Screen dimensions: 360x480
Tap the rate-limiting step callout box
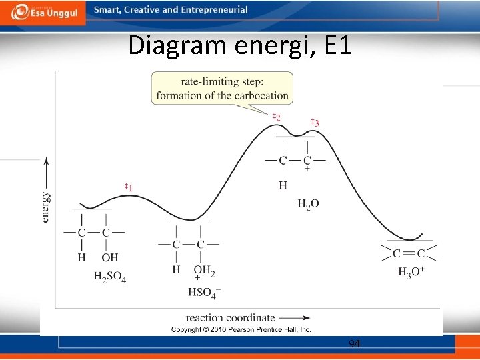click(222, 89)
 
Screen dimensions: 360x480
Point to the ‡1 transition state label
click(127, 187)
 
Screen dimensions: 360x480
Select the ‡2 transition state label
click(275, 117)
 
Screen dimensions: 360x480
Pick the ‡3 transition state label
click(315, 122)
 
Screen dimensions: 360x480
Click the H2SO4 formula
click(109, 277)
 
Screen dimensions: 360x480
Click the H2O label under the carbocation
click(307, 204)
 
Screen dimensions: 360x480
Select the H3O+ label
click(411, 272)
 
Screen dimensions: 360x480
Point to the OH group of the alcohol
click(109, 257)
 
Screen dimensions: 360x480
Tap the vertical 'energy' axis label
click(45, 207)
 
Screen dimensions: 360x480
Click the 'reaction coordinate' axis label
click(230, 318)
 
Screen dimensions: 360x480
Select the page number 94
click(354, 344)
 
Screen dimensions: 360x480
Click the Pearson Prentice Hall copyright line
click(241, 330)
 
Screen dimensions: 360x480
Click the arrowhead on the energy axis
click(45, 160)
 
